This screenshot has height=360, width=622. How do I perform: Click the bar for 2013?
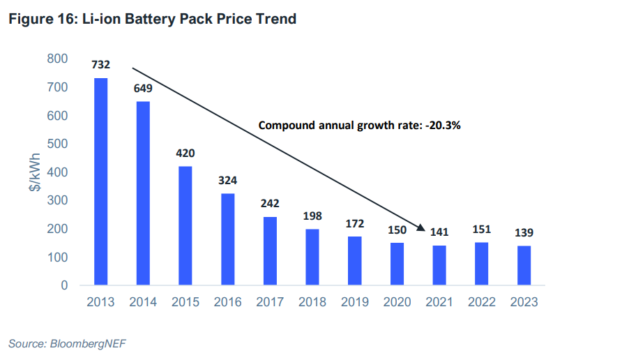coord(100,181)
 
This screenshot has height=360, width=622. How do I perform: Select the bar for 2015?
coord(185,225)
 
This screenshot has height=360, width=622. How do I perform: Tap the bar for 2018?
coord(312,257)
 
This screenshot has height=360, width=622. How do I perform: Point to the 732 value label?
coord(100,66)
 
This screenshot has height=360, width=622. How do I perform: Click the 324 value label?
coord(228,181)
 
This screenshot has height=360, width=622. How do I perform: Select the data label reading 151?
coord(482,230)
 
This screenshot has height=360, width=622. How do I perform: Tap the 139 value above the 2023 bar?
coord(524,233)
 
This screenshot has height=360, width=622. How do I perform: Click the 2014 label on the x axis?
coord(143,302)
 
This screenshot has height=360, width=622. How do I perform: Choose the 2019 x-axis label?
coord(355,302)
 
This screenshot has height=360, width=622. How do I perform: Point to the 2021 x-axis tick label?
coord(439,302)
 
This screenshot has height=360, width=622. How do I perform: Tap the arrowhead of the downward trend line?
coord(422,227)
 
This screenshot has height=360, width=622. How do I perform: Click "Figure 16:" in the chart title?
coord(39,19)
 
